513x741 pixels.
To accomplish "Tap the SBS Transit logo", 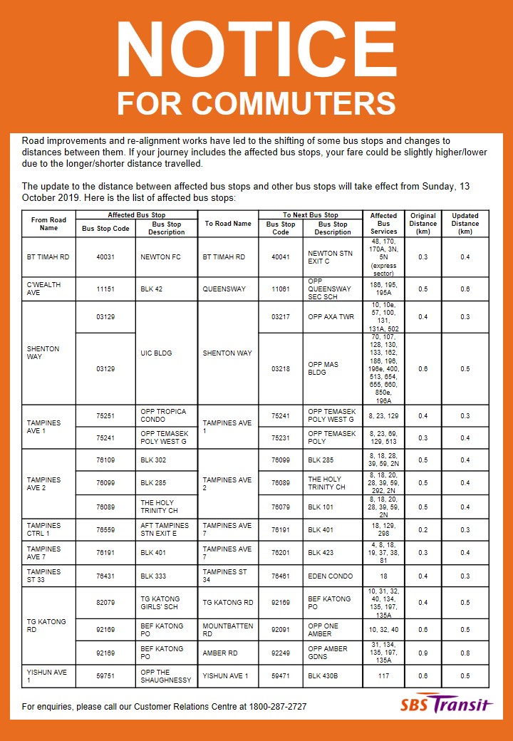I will [446, 704].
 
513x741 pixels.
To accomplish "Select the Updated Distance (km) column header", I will [465, 224].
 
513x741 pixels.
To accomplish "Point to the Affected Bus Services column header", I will [383, 224].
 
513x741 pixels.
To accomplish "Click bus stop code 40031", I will [105, 257].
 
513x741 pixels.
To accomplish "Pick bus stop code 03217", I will [281, 317].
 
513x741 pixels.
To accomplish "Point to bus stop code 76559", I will [105, 529].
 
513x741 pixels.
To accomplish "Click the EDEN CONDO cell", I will [326, 576].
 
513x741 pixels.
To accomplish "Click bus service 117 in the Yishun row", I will [383, 675].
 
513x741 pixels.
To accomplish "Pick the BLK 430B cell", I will [323, 675].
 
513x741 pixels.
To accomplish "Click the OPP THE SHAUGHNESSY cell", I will [166, 675].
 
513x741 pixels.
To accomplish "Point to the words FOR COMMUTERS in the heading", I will [256, 103].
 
